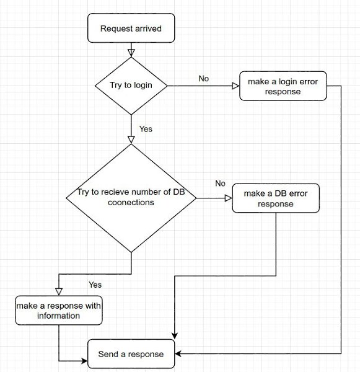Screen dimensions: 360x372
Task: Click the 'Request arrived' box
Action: (x=131, y=28)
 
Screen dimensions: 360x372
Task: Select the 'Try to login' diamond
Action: (x=131, y=86)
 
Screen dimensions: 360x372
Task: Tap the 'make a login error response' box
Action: (x=283, y=86)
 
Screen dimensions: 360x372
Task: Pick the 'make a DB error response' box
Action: (x=276, y=198)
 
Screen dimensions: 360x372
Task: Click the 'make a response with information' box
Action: (x=59, y=311)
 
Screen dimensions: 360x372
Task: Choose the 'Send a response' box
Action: (x=131, y=354)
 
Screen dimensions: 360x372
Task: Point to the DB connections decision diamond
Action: (x=131, y=198)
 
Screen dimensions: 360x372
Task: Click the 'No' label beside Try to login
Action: (x=204, y=79)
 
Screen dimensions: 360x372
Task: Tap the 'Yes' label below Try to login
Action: (x=146, y=129)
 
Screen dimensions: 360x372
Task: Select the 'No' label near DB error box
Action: (x=221, y=184)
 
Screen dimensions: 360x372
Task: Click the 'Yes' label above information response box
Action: (x=95, y=285)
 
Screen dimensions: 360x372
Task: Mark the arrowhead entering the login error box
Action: (x=235, y=86)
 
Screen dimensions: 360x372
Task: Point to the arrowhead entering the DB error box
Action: (x=229, y=198)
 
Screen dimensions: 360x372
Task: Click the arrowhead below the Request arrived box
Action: (x=131, y=53)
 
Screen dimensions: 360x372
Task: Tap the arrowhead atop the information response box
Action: (x=59, y=292)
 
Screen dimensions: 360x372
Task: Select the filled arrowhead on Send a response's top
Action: (x=175, y=336)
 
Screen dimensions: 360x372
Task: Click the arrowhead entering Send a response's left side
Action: (x=85, y=361)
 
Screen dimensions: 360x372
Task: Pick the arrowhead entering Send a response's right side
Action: (x=178, y=354)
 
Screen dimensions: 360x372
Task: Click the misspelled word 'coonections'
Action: (x=131, y=203)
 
